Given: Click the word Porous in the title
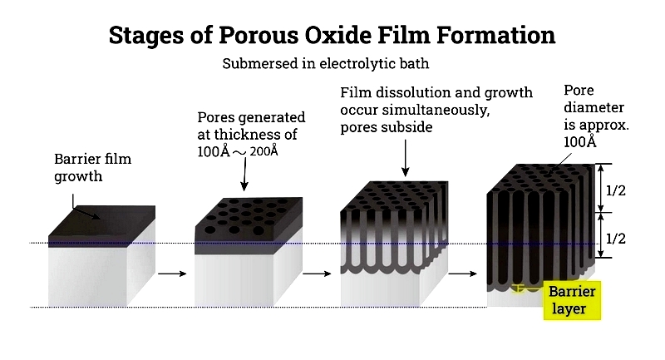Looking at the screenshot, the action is pos(259,35).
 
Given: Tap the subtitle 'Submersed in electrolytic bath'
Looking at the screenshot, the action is pos(326,64).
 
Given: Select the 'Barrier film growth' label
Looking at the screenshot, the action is pos(93,167).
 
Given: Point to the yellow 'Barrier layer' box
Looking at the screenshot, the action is pos(572,300).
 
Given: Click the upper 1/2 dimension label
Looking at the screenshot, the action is pos(616,190).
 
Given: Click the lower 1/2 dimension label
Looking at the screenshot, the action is pos(616,239).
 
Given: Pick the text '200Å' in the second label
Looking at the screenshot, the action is pos(264,151).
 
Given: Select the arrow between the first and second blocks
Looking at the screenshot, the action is pos(172,274).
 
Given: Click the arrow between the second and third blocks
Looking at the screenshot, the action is pos(317,274).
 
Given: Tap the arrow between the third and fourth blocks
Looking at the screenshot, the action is pos(463,274).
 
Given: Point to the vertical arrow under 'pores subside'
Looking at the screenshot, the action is pos(405,158).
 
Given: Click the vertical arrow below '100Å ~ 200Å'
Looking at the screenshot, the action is pos(244,175).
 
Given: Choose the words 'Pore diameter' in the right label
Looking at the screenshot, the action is pos(594,99).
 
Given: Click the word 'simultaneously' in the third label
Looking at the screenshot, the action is pos(436,111).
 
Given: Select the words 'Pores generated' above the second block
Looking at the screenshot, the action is pos(251,117).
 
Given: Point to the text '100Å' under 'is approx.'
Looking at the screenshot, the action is pos(579,141).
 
